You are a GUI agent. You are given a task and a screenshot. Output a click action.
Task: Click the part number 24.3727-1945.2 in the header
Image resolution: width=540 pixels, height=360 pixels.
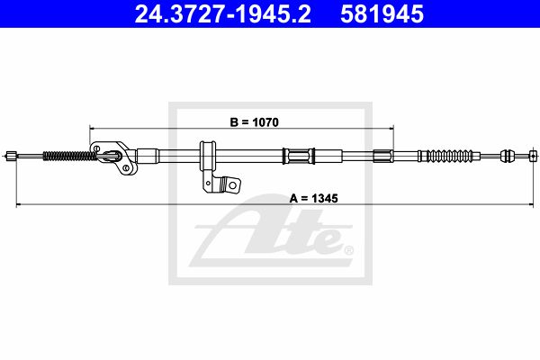223,14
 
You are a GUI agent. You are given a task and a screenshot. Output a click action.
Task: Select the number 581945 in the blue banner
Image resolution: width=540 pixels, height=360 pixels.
382,14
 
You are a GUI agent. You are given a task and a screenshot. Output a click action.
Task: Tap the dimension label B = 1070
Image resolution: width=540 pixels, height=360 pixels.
254,122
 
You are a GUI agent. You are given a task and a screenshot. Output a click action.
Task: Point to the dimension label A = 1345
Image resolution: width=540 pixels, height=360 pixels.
314,198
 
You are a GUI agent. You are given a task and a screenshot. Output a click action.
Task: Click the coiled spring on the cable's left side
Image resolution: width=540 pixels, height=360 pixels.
70,156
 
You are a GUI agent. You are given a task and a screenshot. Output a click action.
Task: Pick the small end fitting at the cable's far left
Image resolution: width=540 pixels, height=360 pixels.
11,156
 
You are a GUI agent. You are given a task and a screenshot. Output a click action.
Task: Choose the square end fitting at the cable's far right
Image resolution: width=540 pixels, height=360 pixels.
533,156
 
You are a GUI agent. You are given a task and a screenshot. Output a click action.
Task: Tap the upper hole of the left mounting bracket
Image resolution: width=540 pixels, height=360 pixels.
97,148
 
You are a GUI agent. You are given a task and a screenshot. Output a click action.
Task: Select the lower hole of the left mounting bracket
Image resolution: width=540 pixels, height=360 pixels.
126,167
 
